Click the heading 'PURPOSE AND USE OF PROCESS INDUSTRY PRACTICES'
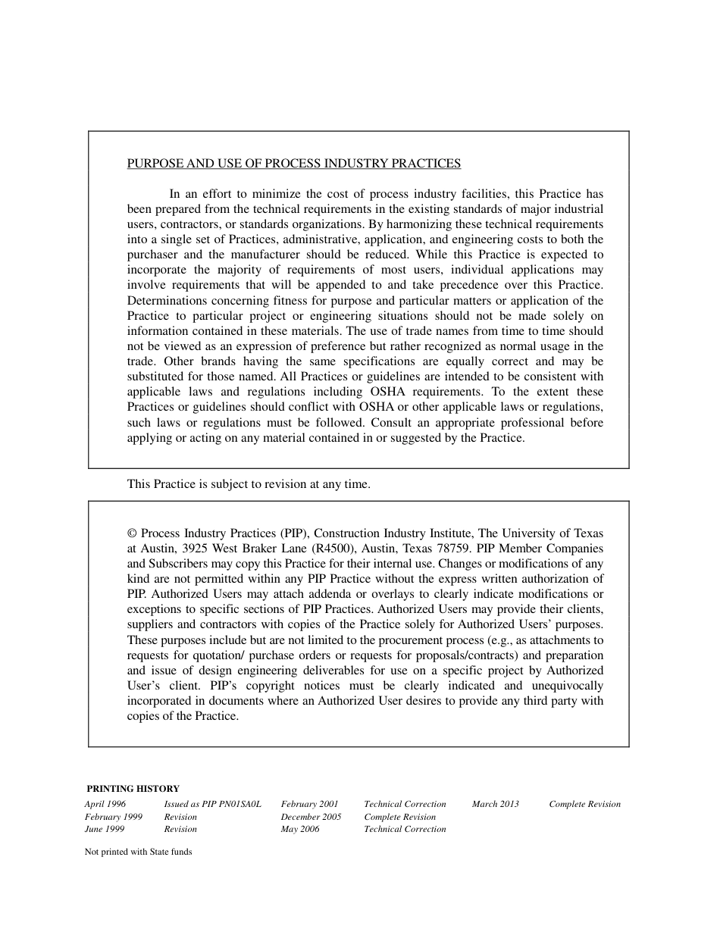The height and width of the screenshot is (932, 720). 293,164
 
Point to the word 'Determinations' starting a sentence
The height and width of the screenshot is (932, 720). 164,301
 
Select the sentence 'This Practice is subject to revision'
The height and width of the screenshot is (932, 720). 249,484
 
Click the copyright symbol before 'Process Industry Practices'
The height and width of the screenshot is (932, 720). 133,533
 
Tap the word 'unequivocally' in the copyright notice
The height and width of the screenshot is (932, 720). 565,686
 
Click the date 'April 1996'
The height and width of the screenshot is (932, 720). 105,805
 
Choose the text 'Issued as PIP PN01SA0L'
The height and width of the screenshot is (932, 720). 212,805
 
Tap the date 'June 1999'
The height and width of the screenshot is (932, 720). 105,829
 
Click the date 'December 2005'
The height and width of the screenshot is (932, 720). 311,817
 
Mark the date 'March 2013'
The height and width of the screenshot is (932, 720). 495,805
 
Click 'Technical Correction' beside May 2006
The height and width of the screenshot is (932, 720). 405,829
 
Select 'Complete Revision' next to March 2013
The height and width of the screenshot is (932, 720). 584,805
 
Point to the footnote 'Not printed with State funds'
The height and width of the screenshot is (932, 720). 138,852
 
